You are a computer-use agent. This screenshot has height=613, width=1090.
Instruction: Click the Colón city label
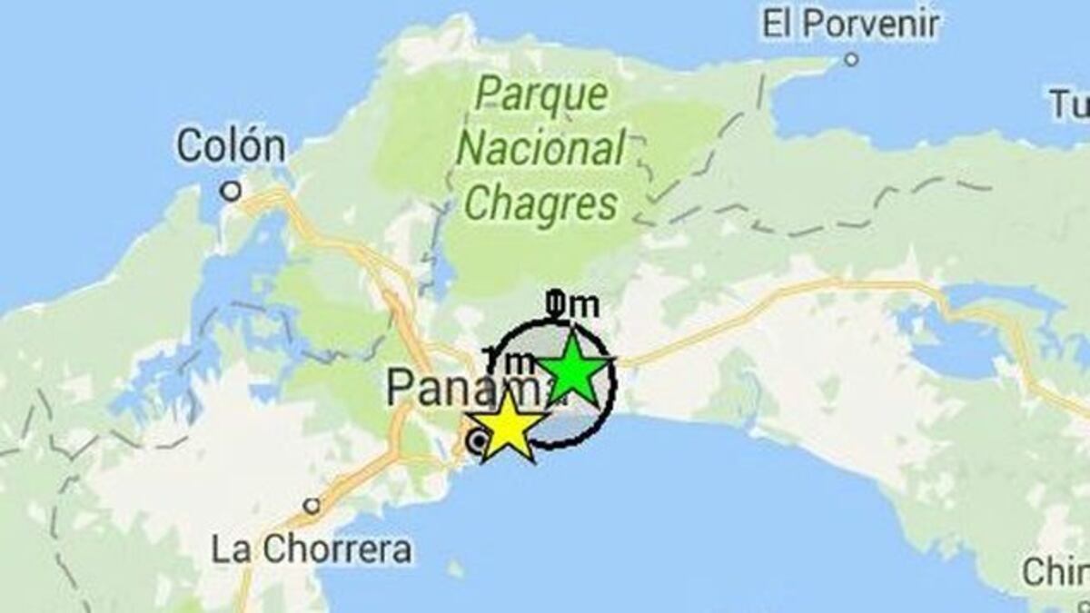pyautogui.click(x=231, y=146)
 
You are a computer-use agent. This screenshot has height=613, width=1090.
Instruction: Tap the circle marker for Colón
pyautogui.click(x=232, y=191)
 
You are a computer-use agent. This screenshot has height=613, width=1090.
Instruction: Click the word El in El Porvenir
pyautogui.click(x=778, y=24)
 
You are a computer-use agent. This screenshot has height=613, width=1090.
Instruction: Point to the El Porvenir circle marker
pyautogui.click(x=851, y=60)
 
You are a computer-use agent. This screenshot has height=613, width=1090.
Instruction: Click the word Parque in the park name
pyautogui.click(x=541, y=94)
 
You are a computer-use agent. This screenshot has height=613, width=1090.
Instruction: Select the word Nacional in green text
pyautogui.click(x=541, y=149)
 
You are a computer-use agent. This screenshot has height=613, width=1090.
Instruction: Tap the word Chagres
pyautogui.click(x=541, y=203)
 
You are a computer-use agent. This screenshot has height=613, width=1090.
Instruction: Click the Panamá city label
pyautogui.click(x=454, y=388)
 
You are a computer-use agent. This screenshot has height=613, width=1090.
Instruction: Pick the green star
pyautogui.click(x=572, y=370)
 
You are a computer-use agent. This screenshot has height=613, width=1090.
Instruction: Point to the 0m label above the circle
pyautogui.click(x=573, y=306)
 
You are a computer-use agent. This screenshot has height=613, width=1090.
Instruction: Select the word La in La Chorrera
pyautogui.click(x=228, y=549)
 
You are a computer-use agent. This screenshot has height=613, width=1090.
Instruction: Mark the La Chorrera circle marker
pyautogui.click(x=312, y=506)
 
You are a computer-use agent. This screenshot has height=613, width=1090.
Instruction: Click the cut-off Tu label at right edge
pyautogui.click(x=1069, y=105)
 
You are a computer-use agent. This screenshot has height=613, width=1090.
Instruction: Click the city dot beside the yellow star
pyautogui.click(x=475, y=442)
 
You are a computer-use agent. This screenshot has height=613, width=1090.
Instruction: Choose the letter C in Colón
pyautogui.click(x=189, y=146)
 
